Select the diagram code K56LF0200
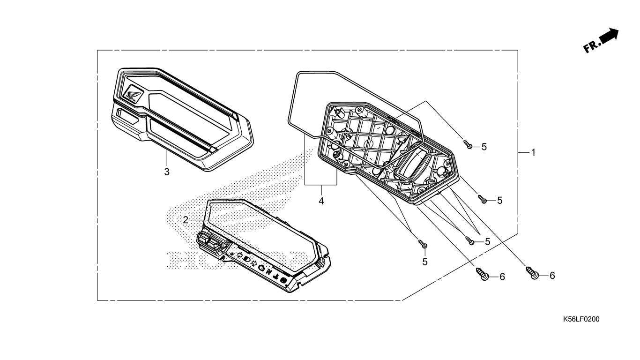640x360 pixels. (x=581, y=319)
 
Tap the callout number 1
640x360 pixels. (x=533, y=152)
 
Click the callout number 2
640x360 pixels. (x=186, y=220)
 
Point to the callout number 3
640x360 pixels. (x=167, y=172)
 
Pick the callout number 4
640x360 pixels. (x=321, y=201)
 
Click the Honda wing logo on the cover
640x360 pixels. (x=133, y=94)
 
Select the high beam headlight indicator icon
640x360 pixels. (x=247, y=260)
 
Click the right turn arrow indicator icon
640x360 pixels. (x=254, y=263)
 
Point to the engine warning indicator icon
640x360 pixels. (x=261, y=268)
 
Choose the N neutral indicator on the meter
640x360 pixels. (x=268, y=272)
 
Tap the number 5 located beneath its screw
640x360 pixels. (x=425, y=262)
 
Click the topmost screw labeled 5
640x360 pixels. (x=468, y=144)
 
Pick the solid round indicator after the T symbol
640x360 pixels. (x=284, y=280)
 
